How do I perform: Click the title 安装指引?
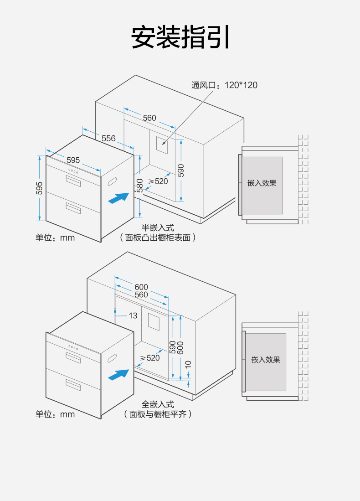point(180,37)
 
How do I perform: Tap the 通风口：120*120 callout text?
point(224,85)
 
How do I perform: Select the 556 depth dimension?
point(108,138)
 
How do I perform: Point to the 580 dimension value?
point(140,185)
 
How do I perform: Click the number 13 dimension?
point(133,315)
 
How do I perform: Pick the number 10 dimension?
point(188,365)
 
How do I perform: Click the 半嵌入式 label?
point(158,227)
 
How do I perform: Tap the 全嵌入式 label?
point(158,404)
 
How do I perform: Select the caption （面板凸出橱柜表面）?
point(158,238)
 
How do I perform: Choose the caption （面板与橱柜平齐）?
point(158,414)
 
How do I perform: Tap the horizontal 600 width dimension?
point(141,287)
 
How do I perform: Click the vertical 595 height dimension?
point(39,188)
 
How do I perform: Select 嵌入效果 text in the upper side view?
point(262,183)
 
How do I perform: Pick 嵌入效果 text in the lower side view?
point(266,360)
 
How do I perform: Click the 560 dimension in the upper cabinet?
point(149,118)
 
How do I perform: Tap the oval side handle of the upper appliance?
point(112,181)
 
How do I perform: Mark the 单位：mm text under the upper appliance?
point(55,238)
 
